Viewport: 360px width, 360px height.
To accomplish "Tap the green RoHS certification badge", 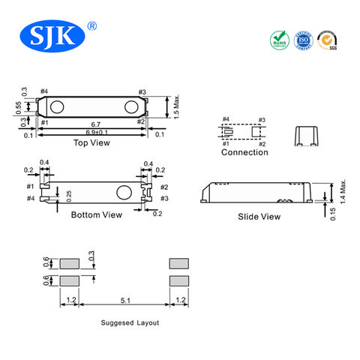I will point(279,38).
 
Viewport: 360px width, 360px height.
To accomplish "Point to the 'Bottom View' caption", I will point(96,214).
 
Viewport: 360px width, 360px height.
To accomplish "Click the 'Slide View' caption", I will point(259,216).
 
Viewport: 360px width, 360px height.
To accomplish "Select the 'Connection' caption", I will point(244,152).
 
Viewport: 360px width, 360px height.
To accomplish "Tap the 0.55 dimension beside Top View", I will point(19,108).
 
